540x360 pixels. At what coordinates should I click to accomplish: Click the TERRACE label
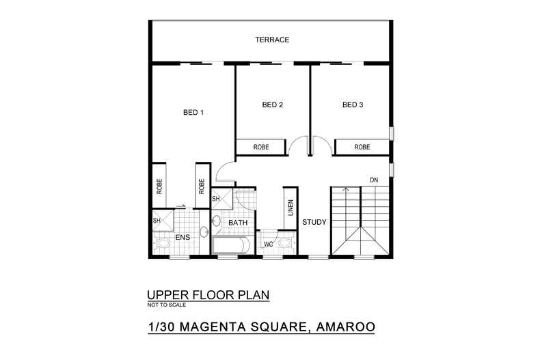(273, 40)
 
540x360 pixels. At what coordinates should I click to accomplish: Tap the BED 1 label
(193, 113)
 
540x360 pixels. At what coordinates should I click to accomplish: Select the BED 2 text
(273, 105)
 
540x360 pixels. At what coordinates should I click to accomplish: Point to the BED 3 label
(353, 105)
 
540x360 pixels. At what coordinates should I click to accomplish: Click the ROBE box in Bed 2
(261, 147)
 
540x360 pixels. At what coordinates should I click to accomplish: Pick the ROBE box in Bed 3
(362, 147)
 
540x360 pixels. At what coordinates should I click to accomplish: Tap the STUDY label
(314, 222)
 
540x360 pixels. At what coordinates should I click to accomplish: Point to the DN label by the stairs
(373, 180)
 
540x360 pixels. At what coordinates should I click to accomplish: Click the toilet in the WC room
(284, 241)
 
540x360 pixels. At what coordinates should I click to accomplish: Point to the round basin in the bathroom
(216, 221)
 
